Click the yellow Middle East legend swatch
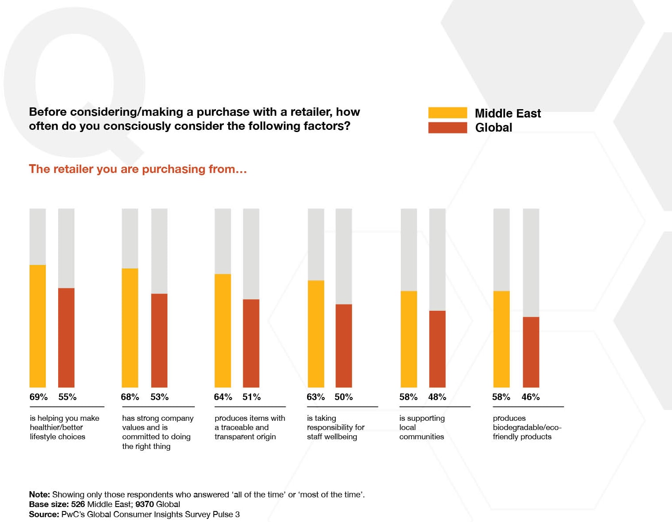tap(447, 113)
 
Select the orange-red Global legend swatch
tap(447, 128)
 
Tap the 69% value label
tap(38, 397)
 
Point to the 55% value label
tap(67, 397)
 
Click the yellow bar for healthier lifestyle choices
tap(37, 326)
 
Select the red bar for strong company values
tap(159, 340)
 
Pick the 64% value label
tap(223, 397)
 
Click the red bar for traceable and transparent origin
tap(251, 343)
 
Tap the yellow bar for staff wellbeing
tap(316, 334)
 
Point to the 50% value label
tap(344, 397)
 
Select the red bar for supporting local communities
tap(437, 349)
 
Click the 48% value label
tap(437, 397)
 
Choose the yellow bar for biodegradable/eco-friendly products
tap(501, 339)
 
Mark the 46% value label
tap(531, 397)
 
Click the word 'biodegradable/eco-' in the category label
tap(527, 427)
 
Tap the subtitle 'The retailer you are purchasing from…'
tap(138, 169)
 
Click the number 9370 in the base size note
tap(145, 504)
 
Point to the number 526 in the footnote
tap(78, 504)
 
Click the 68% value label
tap(130, 397)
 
